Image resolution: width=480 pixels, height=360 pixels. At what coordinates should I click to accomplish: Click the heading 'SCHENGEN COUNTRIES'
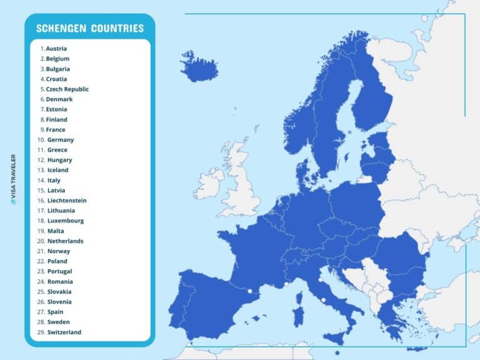click(x=90, y=28)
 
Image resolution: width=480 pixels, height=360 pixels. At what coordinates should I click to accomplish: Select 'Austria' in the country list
click(x=56, y=49)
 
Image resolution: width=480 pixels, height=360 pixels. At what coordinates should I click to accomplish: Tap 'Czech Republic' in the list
click(x=67, y=89)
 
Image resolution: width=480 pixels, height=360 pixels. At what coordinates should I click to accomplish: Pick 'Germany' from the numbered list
click(x=61, y=140)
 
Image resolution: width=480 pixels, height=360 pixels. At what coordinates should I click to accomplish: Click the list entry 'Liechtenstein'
click(x=67, y=201)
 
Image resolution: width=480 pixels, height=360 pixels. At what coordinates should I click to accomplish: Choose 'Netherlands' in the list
click(x=65, y=241)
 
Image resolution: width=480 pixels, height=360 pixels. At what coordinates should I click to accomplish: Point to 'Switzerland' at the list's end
click(x=64, y=332)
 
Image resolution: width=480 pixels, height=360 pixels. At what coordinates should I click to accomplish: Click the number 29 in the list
click(x=41, y=332)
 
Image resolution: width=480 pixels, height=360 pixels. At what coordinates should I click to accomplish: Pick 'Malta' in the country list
click(x=56, y=231)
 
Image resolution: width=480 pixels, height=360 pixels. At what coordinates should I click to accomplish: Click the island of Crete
click(x=417, y=349)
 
